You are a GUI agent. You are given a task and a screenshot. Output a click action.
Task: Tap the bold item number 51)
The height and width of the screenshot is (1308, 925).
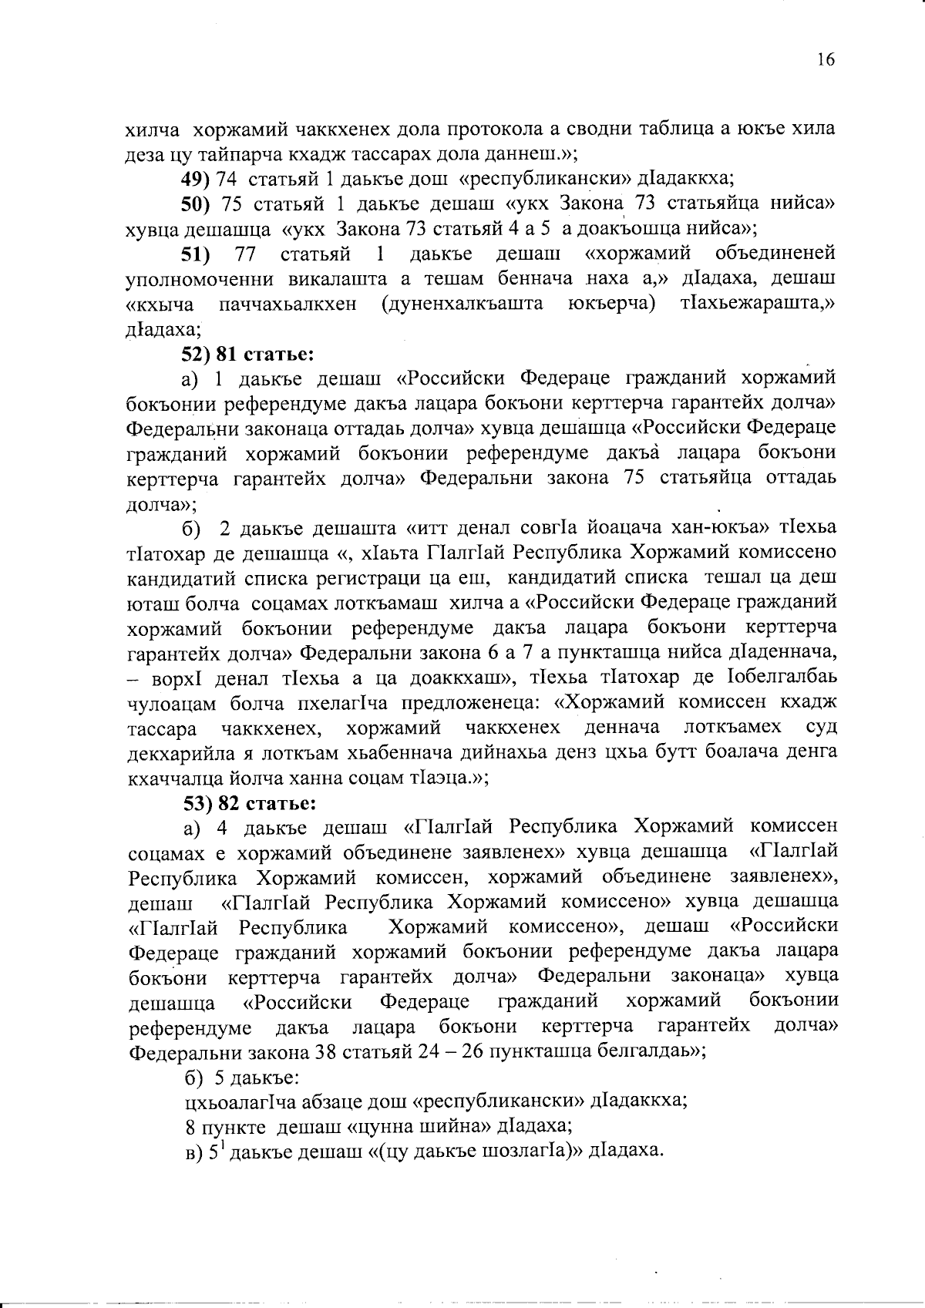tap(196, 254)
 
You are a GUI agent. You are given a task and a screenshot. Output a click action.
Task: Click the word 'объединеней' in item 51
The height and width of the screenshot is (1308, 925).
tap(775, 254)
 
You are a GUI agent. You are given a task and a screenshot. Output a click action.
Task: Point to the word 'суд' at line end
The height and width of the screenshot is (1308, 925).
tap(822, 728)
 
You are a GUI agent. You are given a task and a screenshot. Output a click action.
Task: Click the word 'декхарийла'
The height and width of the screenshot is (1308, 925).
tap(173, 752)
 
